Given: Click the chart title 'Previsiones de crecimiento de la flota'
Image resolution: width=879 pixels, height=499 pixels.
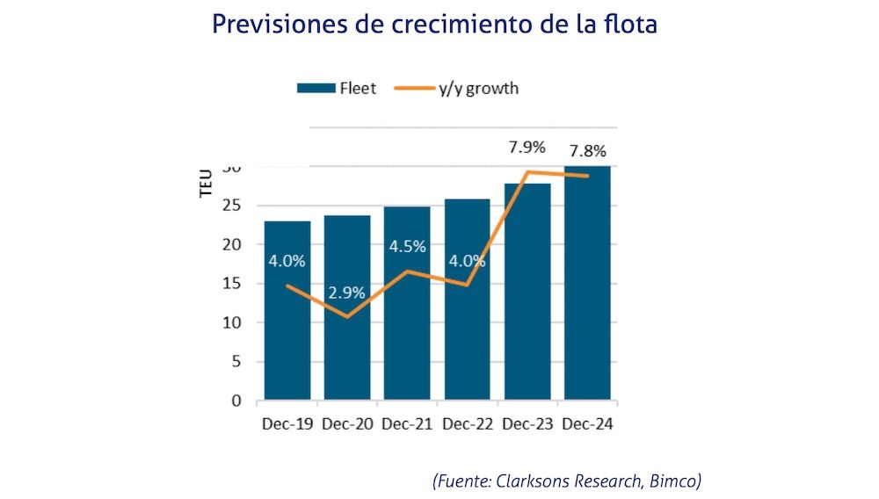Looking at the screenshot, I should [x=434, y=24].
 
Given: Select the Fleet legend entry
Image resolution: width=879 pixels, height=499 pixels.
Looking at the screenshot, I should [x=337, y=88].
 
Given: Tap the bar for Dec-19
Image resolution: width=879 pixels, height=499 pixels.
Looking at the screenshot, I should [x=287, y=334].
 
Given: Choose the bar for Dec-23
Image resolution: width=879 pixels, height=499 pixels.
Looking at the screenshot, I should [x=527, y=299].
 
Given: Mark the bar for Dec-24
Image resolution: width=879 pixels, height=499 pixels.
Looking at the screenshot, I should [x=587, y=290].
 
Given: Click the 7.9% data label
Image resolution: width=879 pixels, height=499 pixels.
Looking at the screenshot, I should [x=527, y=146].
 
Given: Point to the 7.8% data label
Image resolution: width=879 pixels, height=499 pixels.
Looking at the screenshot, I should [x=587, y=151].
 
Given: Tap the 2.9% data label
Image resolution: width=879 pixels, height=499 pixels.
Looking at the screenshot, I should [x=346, y=292].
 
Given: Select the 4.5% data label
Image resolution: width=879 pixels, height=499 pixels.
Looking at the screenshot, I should [x=407, y=246].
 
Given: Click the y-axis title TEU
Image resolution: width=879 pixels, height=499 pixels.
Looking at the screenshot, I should [x=207, y=184].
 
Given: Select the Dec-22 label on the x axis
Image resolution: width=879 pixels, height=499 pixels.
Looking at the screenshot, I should [x=467, y=424].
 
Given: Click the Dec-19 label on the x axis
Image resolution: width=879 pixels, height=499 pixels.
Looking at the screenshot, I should [x=287, y=424].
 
